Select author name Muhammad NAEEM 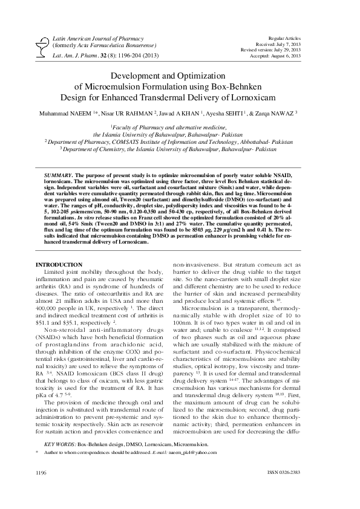(x=64, y=112)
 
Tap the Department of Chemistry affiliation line (x=180, y=147)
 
